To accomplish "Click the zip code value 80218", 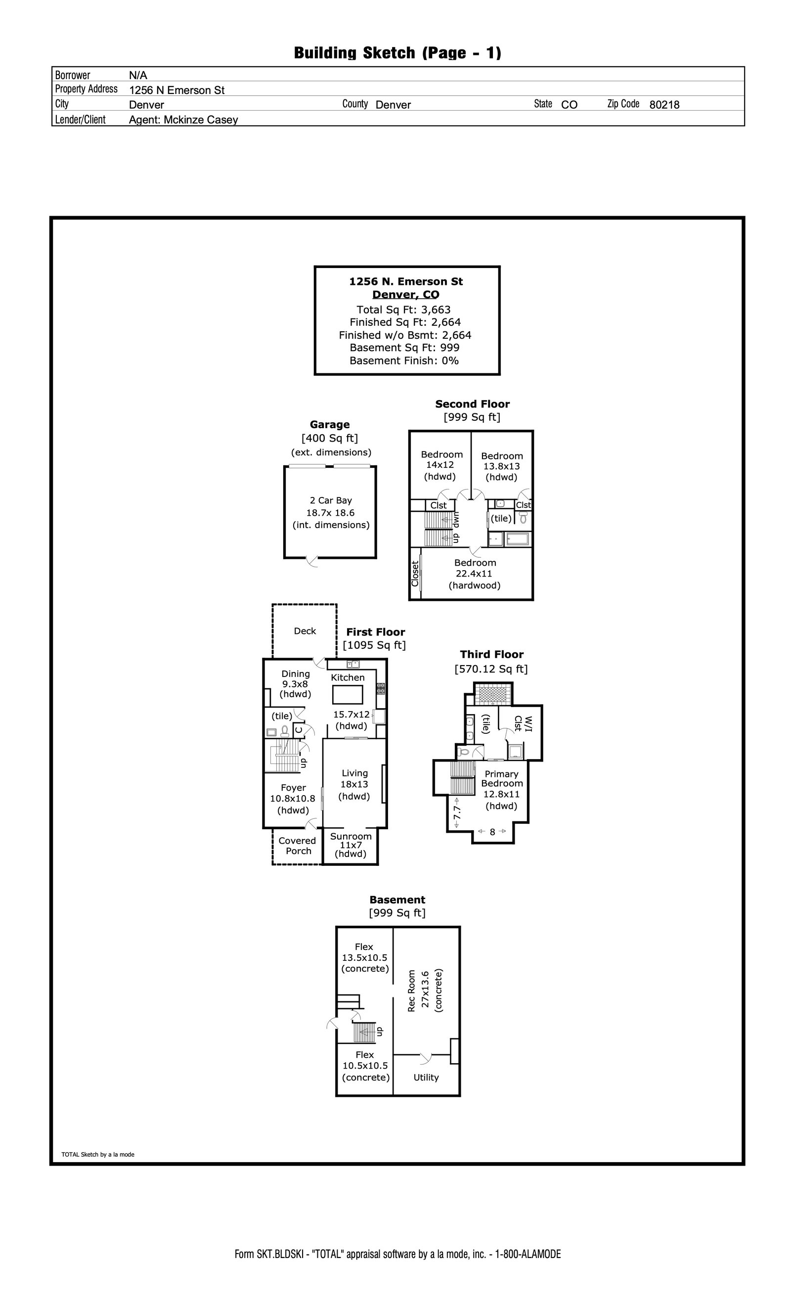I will [664, 105].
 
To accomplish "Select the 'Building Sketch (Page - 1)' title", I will [397, 53].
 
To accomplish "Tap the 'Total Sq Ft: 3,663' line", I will [403, 310].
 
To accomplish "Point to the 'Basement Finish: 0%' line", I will [404, 360].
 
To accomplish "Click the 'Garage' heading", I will [329, 425].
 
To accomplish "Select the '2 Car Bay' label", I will [330, 500].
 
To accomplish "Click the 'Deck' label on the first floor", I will [305, 631].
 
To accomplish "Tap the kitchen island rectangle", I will [348, 694].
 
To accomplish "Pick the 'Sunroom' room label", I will [351, 836].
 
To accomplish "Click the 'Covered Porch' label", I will [298, 846].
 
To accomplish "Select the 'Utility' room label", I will [426, 1077].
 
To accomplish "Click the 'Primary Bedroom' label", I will [502, 778].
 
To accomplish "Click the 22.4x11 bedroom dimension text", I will [474, 574].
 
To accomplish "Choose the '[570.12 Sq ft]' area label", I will [491, 669].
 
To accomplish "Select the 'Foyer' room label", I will [293, 787].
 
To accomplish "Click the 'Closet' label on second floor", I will [415, 574].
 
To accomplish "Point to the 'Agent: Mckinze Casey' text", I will [183, 120].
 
